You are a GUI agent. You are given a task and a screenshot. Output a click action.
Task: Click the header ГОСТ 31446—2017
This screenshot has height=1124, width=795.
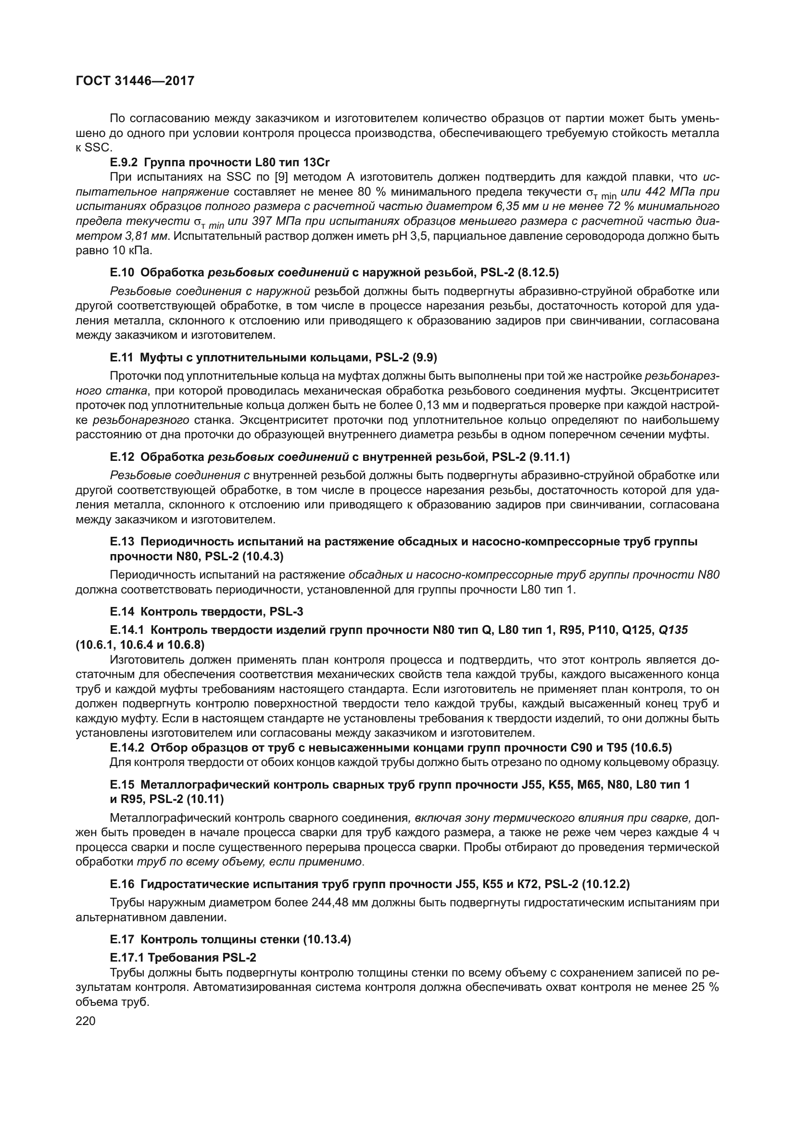tap(135, 81)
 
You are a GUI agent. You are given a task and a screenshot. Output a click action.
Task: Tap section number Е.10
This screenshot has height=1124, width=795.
tap(122, 272)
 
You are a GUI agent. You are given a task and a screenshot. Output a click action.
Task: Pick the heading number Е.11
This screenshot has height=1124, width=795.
tap(122, 358)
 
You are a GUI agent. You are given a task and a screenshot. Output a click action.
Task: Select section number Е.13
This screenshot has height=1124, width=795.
tap(122, 542)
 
